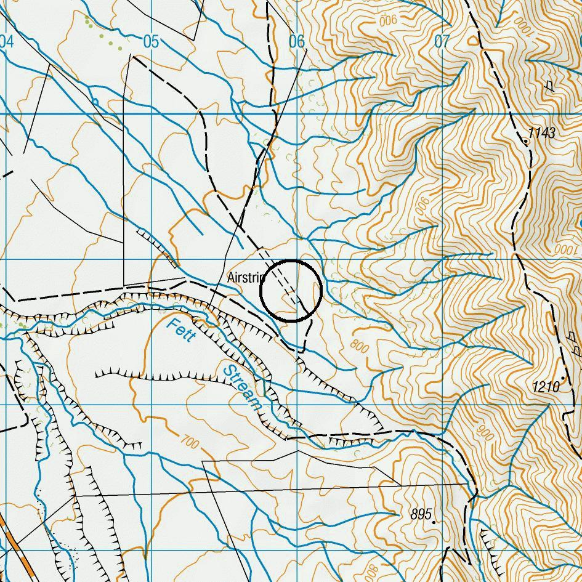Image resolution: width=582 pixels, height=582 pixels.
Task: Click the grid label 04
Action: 6,41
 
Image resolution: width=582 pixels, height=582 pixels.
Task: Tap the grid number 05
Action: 151,41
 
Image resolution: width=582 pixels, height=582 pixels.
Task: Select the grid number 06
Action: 297,41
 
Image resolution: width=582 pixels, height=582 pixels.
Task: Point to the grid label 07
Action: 442,41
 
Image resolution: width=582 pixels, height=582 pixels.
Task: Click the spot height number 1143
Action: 542,133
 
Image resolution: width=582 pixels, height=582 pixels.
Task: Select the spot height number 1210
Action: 546,387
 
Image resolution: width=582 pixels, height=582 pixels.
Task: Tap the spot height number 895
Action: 421,514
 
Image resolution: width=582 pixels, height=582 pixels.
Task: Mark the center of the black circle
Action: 291,291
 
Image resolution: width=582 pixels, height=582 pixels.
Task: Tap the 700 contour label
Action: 191,441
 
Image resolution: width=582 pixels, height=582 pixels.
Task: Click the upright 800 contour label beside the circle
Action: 359,347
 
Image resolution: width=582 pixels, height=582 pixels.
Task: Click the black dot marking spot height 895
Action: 434,522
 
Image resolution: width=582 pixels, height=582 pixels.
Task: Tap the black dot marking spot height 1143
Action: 525,141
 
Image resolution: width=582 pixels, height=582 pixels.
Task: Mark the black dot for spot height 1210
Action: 563,378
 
